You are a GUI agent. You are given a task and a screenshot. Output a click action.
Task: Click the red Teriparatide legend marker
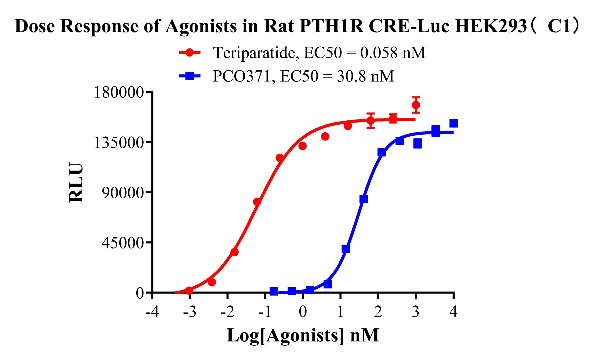[x=190, y=53]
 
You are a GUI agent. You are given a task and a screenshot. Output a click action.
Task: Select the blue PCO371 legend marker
[x=190, y=76]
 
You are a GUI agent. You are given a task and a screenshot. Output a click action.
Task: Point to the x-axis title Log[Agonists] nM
[x=303, y=335]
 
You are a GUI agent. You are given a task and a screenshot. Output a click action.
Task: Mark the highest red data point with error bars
[x=416, y=105]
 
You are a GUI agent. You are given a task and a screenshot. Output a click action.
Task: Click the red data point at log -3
[x=189, y=291]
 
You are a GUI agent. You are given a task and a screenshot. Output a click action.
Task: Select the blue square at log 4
[x=453, y=124]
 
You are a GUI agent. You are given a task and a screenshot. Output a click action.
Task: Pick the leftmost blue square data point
[x=274, y=292]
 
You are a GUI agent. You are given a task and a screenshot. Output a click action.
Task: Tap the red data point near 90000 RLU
[x=257, y=202]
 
